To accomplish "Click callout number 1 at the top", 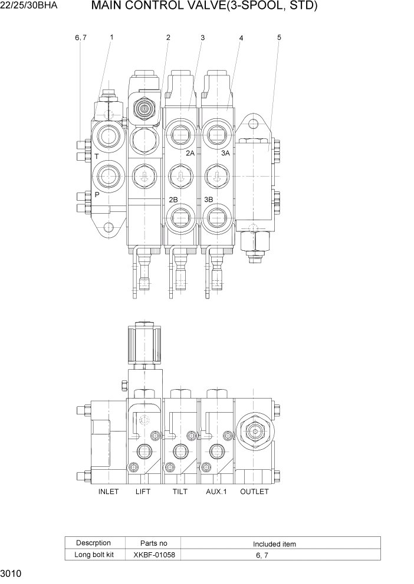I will (111, 37).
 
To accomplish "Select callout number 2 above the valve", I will (168, 38).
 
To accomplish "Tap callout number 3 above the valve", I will (202, 38).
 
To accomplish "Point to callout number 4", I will (241, 38).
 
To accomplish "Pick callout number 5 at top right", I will (279, 38).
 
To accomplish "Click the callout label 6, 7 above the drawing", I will (81, 38).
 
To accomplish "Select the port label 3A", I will (225, 153).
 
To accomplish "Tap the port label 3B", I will (208, 199).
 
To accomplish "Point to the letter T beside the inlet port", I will (96, 157).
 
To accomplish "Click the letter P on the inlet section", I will (97, 194).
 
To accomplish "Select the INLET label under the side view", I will (109, 492).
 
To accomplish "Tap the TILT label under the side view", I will (180, 492).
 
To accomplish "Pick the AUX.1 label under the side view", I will (216, 492).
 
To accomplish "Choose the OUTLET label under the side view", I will (254, 492).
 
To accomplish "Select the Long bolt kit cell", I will (93, 555).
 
